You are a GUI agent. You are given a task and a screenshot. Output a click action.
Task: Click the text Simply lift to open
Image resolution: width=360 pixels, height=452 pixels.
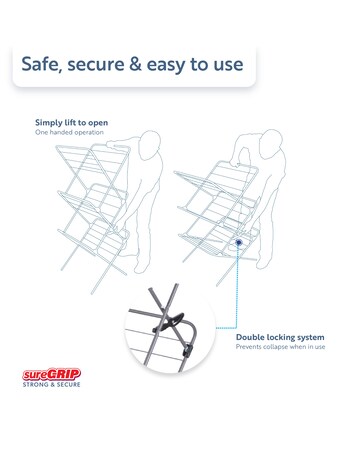72,122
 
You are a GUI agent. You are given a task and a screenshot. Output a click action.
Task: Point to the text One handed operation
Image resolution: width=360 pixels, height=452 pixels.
67,132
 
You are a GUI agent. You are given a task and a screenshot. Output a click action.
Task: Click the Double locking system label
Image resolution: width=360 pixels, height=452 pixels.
294,337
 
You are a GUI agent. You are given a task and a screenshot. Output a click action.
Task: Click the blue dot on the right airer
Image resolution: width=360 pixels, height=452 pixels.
239,241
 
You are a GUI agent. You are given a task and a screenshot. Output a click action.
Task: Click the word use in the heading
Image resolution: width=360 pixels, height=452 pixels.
226,65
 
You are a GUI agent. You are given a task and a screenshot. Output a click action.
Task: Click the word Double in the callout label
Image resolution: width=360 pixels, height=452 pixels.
254,337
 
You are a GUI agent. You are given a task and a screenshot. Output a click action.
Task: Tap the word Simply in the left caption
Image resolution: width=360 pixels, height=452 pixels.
50,122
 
